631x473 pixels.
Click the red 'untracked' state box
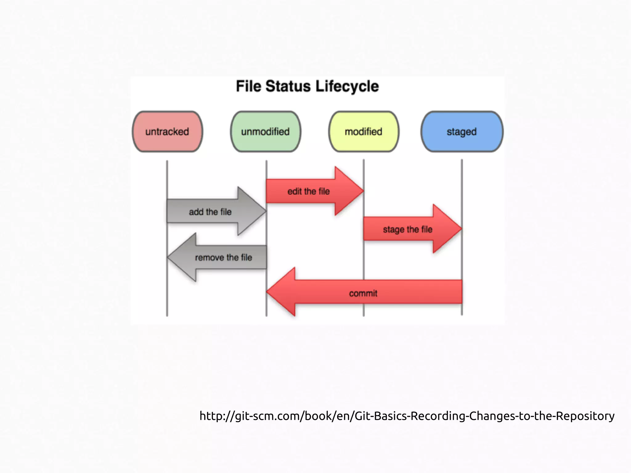pos(167,132)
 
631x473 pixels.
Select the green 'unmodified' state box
pos(266,132)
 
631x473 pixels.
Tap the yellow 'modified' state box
pos(364,132)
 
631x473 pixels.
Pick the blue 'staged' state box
pos(462,132)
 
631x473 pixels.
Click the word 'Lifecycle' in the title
pos(347,86)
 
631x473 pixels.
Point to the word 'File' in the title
pos(248,86)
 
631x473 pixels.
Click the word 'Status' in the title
pos(288,86)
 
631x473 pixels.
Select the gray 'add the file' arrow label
pos(210,212)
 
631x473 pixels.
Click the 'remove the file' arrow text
pos(223,257)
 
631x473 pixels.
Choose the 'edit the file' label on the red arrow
pos(308,191)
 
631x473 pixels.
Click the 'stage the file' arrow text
pos(407,229)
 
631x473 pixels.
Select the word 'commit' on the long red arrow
pos(363,293)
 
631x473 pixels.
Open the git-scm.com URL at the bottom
pos(407,416)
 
